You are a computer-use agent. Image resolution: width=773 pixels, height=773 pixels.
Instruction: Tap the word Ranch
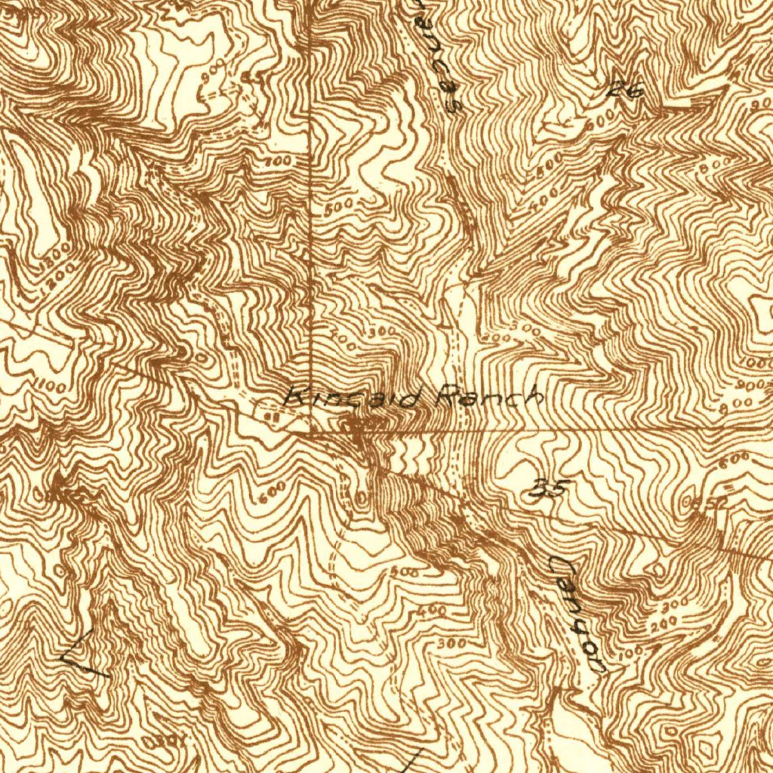489,396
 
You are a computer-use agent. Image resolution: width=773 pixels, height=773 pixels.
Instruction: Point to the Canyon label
577,614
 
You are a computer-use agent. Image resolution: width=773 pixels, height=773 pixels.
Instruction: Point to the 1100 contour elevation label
49,386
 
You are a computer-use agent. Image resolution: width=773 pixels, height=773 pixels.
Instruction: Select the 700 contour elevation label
278,162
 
